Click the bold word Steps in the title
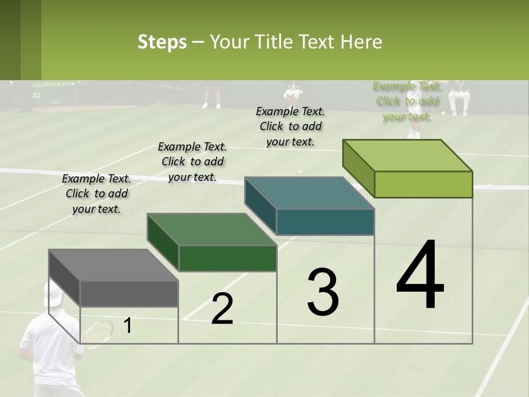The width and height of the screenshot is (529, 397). (162, 42)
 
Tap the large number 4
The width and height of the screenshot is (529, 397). (420, 275)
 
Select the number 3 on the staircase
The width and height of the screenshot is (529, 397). (322, 292)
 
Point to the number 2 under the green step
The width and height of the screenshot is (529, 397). (222, 309)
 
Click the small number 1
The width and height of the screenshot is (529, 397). (127, 326)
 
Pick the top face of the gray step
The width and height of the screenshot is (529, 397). (114, 265)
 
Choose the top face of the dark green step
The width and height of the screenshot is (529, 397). (212, 229)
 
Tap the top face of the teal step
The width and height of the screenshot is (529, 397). (309, 193)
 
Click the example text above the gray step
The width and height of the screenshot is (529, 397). (96, 194)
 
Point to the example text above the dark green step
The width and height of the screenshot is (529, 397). (192, 162)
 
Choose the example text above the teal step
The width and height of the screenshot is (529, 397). (290, 126)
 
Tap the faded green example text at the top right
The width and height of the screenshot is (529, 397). (407, 101)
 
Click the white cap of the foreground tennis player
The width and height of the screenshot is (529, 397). (53, 294)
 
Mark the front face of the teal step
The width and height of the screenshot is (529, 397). (325, 222)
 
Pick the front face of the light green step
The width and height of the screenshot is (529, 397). (423, 184)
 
